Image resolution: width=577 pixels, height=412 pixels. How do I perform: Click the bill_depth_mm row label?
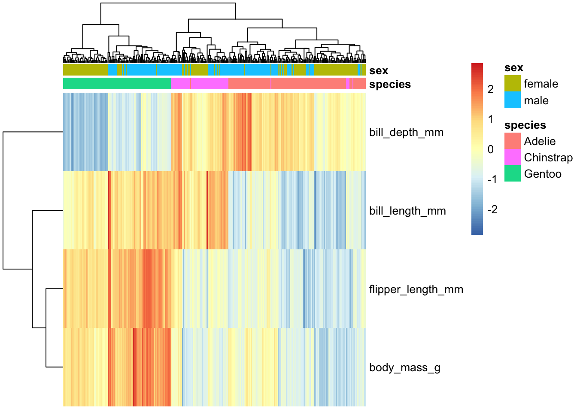coord(406,133)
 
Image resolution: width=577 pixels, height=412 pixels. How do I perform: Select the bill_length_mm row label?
coord(407,211)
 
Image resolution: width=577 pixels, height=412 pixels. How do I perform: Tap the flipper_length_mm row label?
coord(416,289)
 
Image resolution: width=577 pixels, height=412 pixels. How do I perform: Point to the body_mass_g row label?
coord(405,368)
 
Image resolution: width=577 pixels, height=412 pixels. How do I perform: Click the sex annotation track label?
coord(378,70)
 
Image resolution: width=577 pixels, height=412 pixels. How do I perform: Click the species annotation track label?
coord(390,85)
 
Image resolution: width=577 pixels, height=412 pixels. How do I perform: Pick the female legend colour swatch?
coord(512,83)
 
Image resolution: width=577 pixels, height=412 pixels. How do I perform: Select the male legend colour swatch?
coord(512,100)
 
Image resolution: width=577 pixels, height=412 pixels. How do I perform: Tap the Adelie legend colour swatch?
coord(512,141)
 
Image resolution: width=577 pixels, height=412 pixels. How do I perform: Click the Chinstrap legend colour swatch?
coord(512,157)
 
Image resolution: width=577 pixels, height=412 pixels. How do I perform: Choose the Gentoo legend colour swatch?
coord(512,173)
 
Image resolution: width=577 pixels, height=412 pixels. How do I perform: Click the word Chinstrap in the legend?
coord(548,158)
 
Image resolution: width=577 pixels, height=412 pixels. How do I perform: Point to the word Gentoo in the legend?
coord(543,174)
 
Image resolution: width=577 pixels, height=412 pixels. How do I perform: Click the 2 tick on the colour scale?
coord(490,89)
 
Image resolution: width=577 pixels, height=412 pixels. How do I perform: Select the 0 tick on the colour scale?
coord(490,149)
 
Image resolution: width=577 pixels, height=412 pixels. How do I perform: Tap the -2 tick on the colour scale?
coord(492,209)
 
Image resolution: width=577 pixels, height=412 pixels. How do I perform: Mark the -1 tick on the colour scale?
coord(492,179)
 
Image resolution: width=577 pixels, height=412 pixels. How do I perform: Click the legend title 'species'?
coord(525,125)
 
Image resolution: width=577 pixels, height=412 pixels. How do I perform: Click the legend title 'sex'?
coord(513,68)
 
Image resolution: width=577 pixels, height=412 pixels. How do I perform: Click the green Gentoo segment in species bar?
coord(117,83)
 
